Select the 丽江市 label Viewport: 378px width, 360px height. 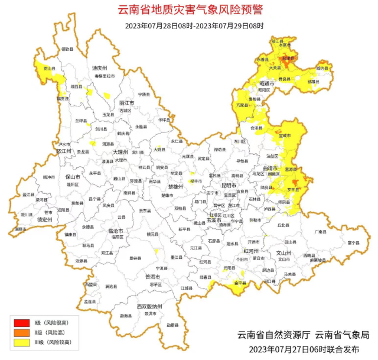[124, 103]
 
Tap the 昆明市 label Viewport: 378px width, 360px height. [228, 186]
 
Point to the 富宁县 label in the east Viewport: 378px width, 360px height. [354, 242]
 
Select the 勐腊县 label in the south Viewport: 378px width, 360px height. [171, 325]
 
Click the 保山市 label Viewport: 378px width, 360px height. [72, 177]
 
